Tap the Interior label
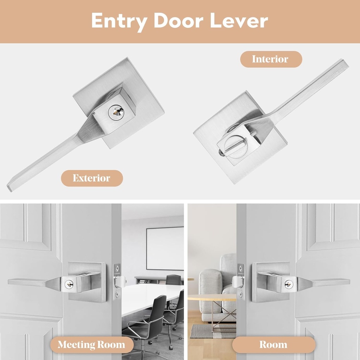[270, 59]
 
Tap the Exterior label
[91, 178]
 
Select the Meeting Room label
[91, 345]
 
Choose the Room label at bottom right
[273, 345]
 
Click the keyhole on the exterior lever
[116, 112]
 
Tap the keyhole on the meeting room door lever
[69, 284]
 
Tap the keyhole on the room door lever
[289, 284]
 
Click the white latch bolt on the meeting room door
[119, 281]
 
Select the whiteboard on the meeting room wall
[165, 248]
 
